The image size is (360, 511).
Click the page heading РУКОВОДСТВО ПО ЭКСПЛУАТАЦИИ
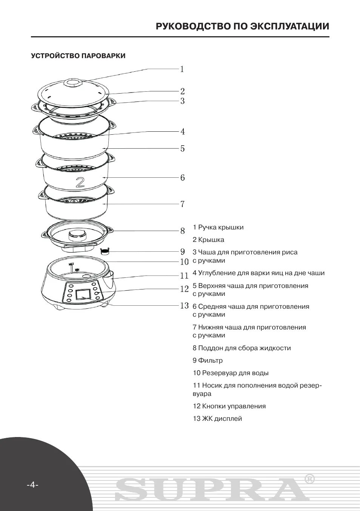pos(242,26)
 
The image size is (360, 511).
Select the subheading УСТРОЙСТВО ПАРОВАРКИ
pos(78,56)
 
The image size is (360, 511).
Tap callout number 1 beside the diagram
pos(182,69)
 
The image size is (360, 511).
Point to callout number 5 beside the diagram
pos(182,149)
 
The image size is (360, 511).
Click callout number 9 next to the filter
pos(182,251)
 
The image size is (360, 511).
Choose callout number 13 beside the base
pos(184,306)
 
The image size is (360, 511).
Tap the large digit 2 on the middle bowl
pos(80,183)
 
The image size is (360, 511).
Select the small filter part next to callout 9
pos(105,251)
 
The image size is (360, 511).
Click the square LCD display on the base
pos(83,294)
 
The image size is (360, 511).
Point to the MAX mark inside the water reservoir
pos(71,264)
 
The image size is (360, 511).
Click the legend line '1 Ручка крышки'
pos(218,227)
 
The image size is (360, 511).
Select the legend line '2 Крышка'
pos(208,240)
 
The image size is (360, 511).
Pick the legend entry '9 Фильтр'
pos(208,360)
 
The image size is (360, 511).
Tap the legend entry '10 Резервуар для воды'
pos(231,373)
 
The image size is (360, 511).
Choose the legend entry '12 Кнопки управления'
pos(229,406)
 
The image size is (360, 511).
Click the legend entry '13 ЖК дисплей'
pos(217,419)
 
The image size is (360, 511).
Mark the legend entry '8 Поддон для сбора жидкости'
pos(242,348)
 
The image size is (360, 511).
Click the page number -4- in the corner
pos(32,485)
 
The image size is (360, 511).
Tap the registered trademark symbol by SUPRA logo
pos(309,479)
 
